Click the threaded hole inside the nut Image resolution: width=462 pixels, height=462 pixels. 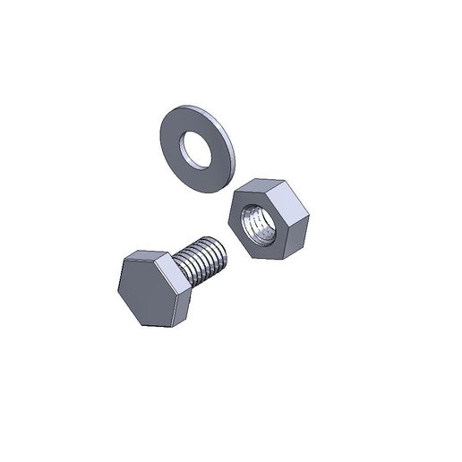tap(261, 227)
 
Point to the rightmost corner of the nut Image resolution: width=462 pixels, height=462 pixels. tap(309, 214)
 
